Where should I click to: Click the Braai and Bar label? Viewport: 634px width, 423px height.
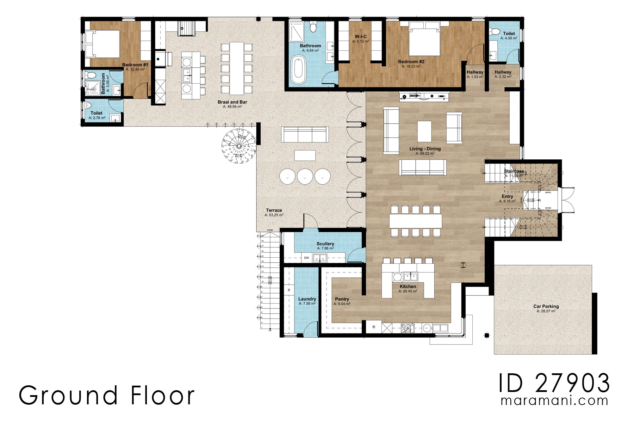[x=232, y=102]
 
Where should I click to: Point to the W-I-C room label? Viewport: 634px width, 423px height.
[x=361, y=37]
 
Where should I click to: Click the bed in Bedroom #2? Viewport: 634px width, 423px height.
[x=424, y=39]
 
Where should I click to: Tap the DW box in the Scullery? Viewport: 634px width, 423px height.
[x=306, y=258]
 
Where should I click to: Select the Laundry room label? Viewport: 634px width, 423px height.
[x=307, y=299]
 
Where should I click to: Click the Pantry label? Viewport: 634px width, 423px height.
[x=342, y=299]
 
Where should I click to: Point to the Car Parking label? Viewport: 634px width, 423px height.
[x=546, y=306]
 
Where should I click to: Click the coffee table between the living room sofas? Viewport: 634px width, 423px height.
[x=424, y=131]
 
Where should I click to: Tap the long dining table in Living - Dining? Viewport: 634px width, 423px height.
[x=416, y=221]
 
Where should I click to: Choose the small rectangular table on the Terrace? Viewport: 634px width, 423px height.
[x=305, y=155]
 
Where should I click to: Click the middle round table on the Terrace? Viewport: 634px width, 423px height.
[x=305, y=176]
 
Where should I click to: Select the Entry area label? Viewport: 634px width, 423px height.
[x=507, y=197]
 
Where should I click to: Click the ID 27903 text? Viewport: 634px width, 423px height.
[x=554, y=383]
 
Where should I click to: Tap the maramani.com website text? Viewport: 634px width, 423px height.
[x=554, y=401]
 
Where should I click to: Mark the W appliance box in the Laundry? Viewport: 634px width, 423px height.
[x=289, y=290]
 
